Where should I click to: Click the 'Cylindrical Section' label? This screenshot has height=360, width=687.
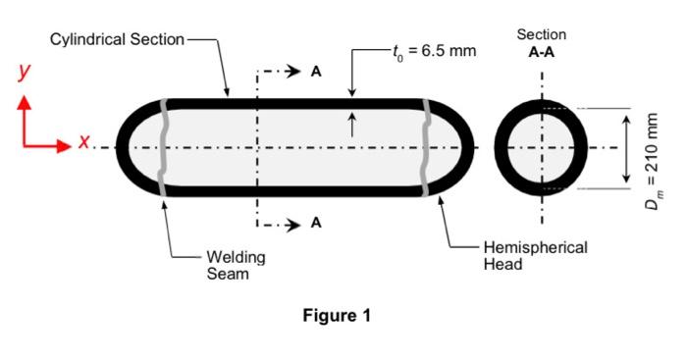(x=117, y=39)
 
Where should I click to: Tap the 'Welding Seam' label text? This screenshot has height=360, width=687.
(x=236, y=265)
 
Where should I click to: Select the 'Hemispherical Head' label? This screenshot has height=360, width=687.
(x=535, y=256)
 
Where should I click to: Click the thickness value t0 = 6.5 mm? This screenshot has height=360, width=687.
(x=434, y=51)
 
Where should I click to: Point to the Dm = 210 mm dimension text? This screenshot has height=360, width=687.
(x=653, y=161)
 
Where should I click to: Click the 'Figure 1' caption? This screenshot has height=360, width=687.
(x=337, y=315)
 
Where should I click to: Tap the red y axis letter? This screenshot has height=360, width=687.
(x=25, y=73)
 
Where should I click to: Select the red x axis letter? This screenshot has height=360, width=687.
(x=84, y=141)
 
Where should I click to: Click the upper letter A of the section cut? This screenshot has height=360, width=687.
(x=316, y=72)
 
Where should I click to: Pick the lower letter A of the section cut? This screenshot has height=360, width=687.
(x=316, y=223)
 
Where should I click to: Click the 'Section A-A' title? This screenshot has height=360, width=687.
(x=542, y=43)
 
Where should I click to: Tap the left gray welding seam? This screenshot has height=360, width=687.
(x=162, y=147)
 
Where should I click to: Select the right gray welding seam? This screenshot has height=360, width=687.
(x=425, y=147)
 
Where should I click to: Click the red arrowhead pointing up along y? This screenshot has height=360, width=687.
(x=25, y=102)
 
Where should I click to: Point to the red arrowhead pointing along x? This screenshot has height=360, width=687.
(x=64, y=146)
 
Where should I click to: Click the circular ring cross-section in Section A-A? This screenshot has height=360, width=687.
(x=499, y=147)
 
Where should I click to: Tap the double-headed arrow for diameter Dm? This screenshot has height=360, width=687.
(x=626, y=149)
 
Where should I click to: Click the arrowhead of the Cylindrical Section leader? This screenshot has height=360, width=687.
(x=227, y=92)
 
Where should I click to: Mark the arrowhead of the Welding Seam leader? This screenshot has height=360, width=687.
(x=165, y=202)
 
